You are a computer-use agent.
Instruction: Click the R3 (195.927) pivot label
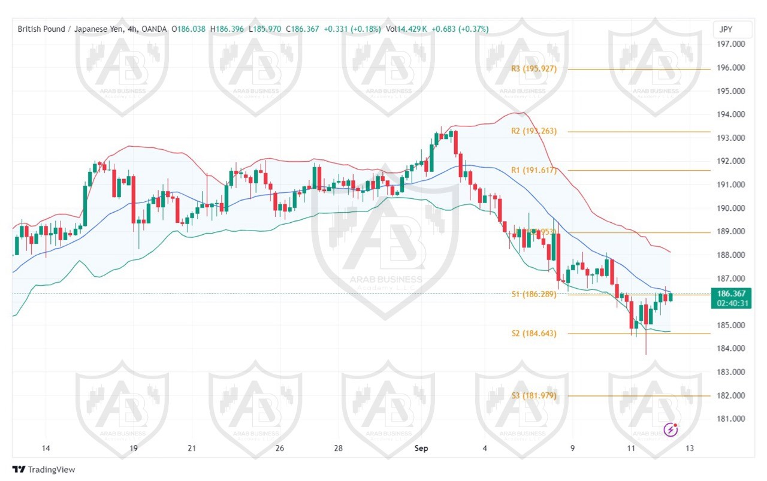(x=534, y=69)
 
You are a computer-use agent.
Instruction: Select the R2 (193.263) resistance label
(x=534, y=131)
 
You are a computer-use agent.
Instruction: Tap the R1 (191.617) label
(x=534, y=170)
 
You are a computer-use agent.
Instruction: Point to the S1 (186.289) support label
(x=534, y=294)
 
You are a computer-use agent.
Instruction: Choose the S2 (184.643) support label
(x=534, y=333)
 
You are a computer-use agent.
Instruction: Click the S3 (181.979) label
(x=534, y=395)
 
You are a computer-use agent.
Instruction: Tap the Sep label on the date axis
(x=422, y=448)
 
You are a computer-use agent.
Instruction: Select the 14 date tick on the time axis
(x=46, y=448)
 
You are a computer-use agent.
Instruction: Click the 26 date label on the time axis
(x=279, y=448)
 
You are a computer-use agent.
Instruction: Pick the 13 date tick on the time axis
(x=690, y=448)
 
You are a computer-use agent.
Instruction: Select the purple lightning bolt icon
(x=671, y=429)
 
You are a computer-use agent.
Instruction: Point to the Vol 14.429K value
(x=406, y=29)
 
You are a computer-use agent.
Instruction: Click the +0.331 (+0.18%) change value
(x=352, y=29)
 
